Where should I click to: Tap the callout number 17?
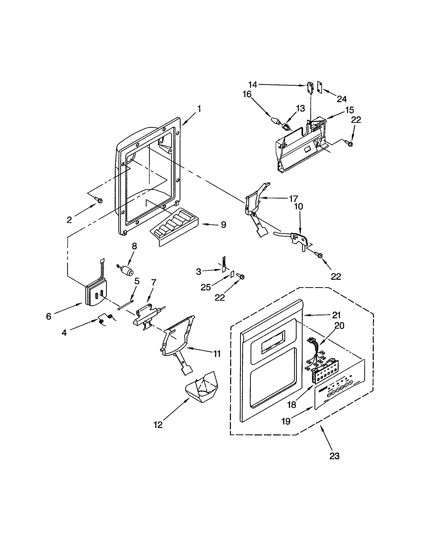[293, 199]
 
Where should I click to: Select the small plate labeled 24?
[319, 87]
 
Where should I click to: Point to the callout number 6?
[49, 316]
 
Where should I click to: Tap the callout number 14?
[253, 85]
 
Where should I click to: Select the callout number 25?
[206, 287]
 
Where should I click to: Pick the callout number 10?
[298, 206]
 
